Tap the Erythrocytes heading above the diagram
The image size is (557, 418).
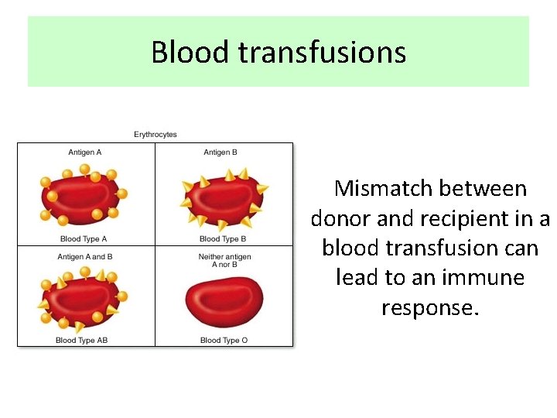(x=155, y=135)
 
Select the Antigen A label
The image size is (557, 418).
(x=85, y=152)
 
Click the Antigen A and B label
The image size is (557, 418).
(x=85, y=257)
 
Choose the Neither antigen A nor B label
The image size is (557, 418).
(x=224, y=261)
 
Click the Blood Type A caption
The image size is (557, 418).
(x=84, y=239)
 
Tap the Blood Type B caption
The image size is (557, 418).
(x=223, y=239)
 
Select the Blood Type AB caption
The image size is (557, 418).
(x=82, y=340)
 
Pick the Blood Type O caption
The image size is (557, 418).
(x=224, y=340)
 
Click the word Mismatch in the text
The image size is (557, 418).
(x=373, y=189)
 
